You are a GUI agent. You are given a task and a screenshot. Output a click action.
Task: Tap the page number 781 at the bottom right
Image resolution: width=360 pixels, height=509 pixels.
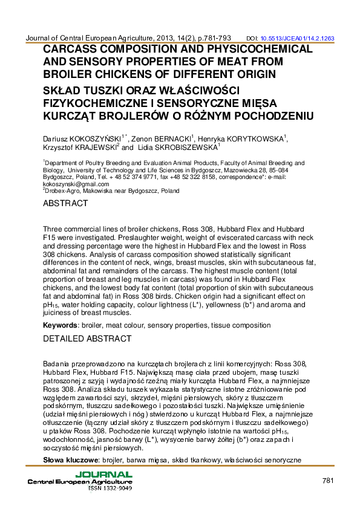coord(328,481)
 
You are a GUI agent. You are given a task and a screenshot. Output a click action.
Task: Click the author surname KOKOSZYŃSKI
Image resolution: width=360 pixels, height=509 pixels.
coord(96,139)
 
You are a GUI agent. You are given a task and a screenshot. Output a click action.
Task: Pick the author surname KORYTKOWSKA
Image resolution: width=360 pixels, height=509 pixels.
coord(253,139)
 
